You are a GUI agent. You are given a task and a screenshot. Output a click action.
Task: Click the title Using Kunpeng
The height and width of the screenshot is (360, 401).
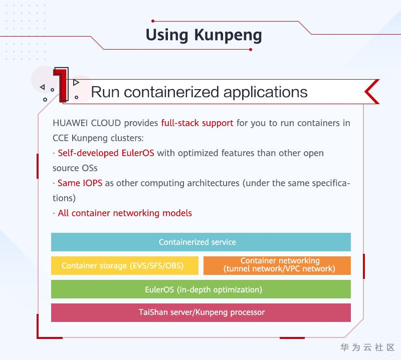click(x=204, y=35)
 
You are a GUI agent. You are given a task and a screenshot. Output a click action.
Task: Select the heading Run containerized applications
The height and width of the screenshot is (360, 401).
click(x=199, y=92)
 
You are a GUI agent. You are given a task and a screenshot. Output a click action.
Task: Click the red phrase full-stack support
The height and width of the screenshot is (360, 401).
click(x=197, y=123)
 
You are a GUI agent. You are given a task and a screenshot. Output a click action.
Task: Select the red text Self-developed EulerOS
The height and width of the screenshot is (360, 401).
click(x=106, y=153)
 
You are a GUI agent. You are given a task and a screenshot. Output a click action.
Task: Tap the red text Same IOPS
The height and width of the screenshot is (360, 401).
click(x=80, y=183)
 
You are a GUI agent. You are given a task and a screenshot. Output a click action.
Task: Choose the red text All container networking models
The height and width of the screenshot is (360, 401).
click(x=125, y=213)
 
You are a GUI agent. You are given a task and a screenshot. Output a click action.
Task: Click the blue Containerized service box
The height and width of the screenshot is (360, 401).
click(x=200, y=242)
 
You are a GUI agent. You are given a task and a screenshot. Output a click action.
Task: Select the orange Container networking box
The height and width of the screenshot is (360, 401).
click(x=277, y=265)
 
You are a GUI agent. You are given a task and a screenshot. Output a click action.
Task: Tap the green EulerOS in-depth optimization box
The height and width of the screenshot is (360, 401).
click(x=200, y=289)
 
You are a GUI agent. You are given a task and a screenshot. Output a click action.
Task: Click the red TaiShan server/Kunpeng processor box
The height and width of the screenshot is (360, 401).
click(x=200, y=312)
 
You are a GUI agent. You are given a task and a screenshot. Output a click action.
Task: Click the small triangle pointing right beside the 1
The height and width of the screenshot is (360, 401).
click(x=76, y=82)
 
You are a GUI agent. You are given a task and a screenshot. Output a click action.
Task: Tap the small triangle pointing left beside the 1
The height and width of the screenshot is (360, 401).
click(x=42, y=87)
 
